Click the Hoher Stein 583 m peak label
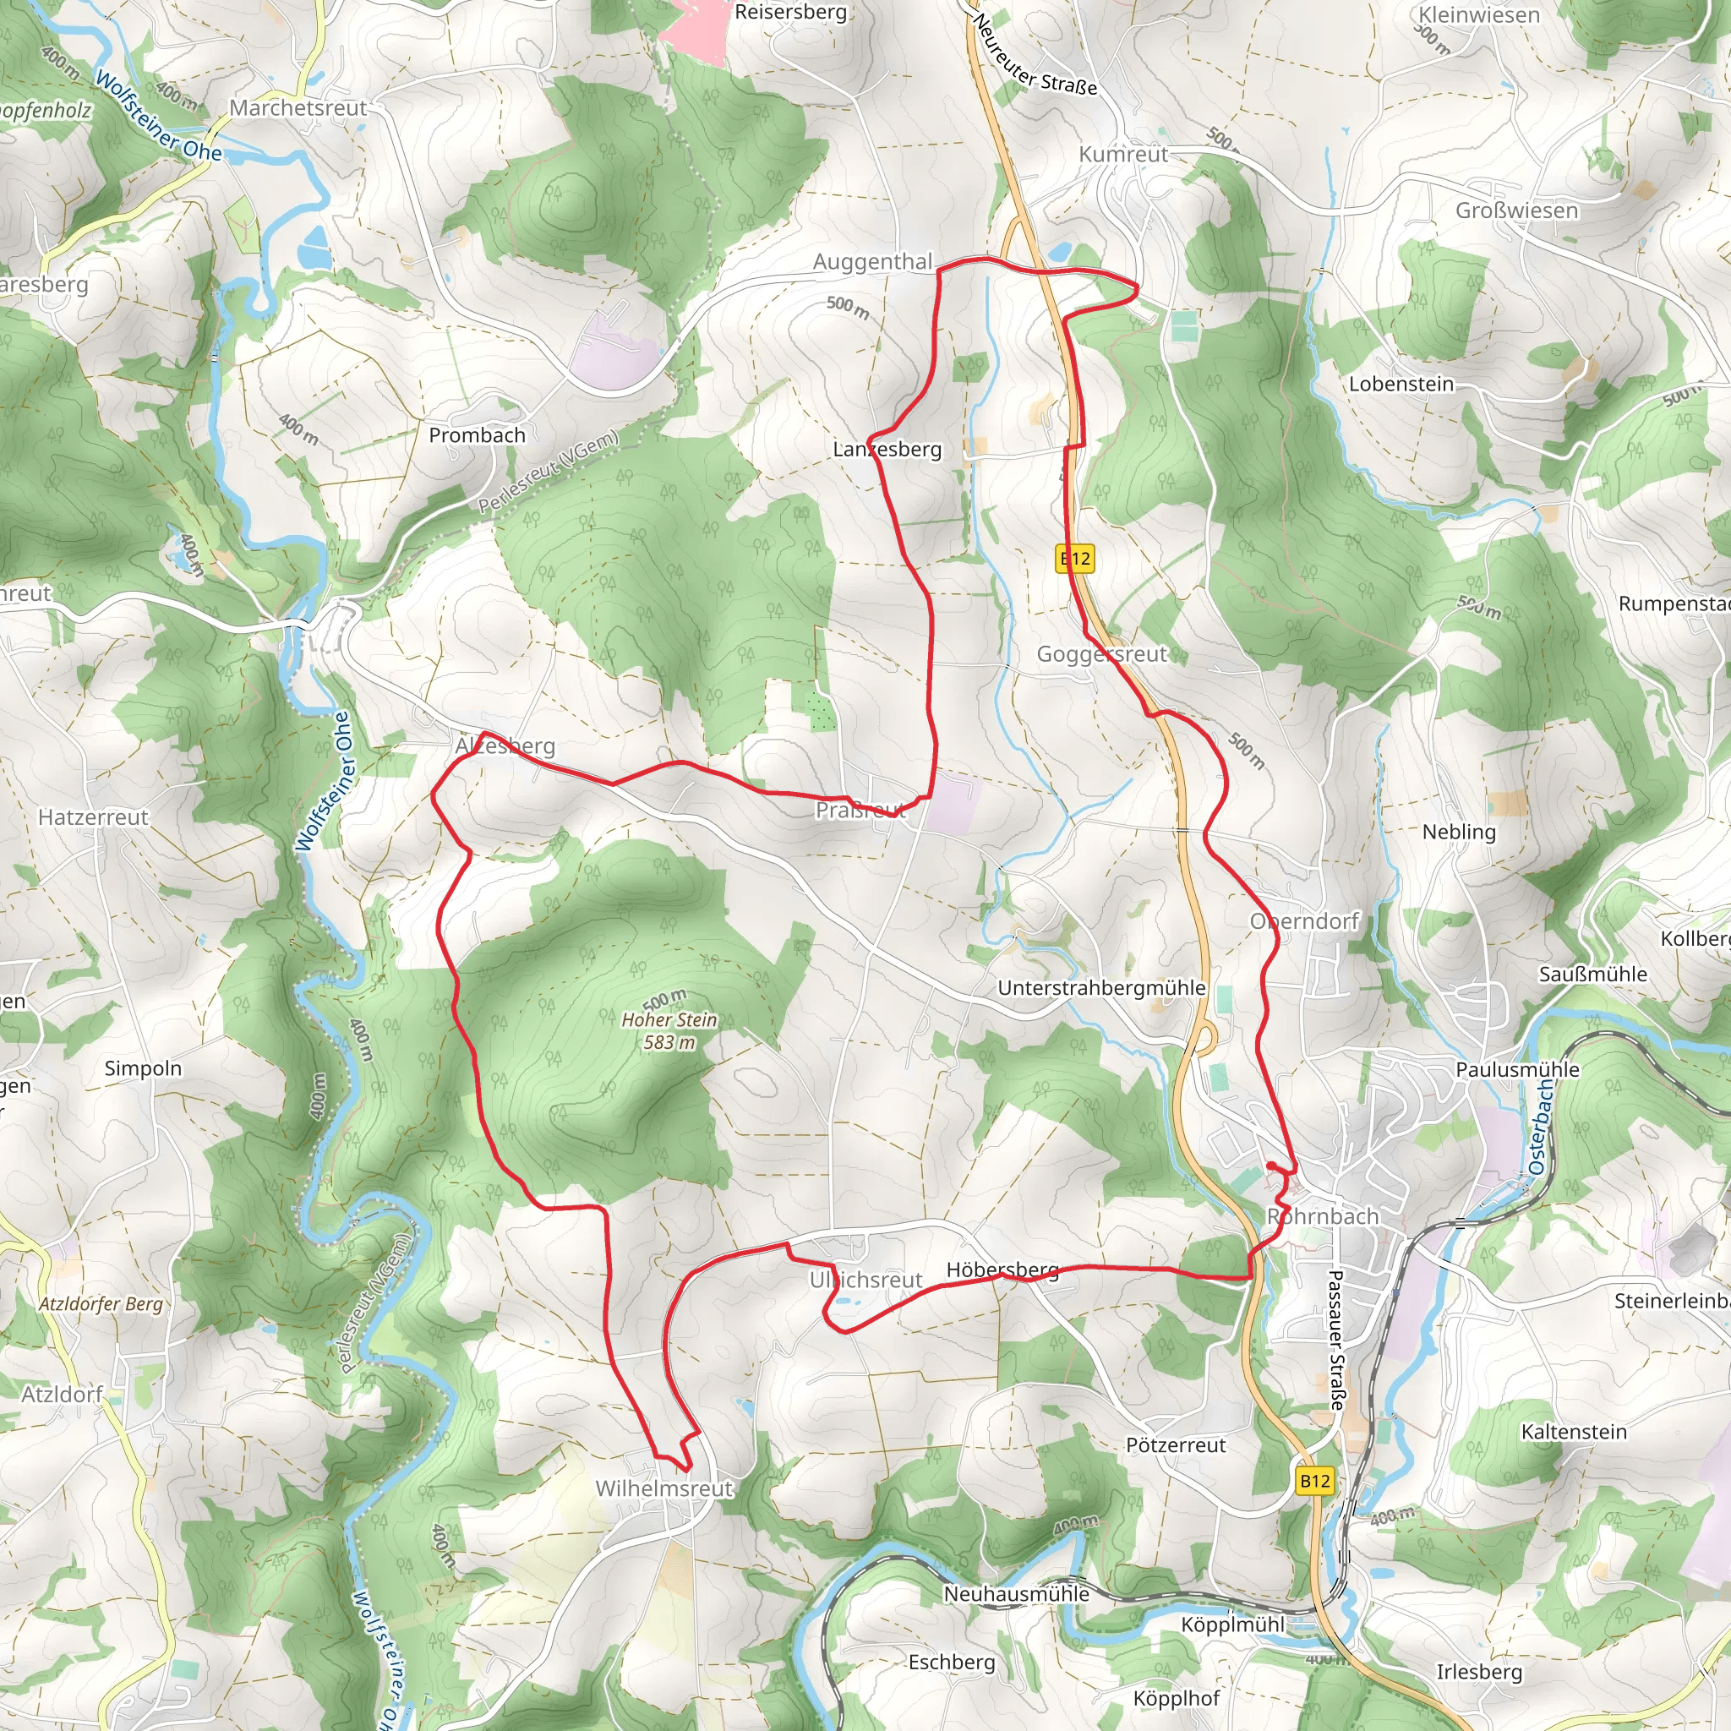(669, 1030)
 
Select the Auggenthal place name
(872, 262)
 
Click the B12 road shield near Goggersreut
(1075, 559)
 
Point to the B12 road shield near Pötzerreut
(1315, 1481)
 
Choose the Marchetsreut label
(298, 107)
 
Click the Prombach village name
(477, 435)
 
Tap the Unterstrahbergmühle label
(1101, 987)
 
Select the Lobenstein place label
(1401, 384)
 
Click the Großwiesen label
(1517, 210)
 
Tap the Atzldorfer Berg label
(101, 1303)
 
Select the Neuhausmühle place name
(1016, 1594)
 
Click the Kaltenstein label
(1573, 1432)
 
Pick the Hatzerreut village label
(93, 817)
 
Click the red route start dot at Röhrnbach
(1271, 1166)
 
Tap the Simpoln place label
(143, 1068)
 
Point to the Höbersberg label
(1002, 1270)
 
